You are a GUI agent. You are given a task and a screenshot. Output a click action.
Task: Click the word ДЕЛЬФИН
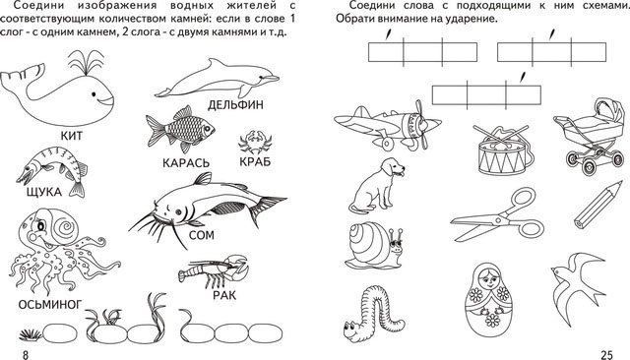(235, 105)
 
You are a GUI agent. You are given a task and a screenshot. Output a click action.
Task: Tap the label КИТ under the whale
(72, 136)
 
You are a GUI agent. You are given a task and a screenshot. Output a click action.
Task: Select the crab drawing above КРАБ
(255, 142)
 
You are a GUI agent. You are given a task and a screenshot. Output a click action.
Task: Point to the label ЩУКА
(44, 192)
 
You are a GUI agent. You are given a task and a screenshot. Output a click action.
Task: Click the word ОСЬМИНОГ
(50, 305)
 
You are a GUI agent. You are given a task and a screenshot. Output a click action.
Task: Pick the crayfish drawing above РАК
(213, 270)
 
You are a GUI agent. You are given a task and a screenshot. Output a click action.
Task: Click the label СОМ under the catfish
(201, 235)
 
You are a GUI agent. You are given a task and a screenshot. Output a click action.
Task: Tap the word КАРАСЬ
(186, 163)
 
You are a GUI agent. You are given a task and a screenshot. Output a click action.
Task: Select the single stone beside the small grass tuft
(59, 333)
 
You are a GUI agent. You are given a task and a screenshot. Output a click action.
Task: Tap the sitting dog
(376, 184)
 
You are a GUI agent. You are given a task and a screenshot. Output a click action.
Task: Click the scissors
(497, 216)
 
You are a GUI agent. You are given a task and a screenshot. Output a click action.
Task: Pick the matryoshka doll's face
(488, 276)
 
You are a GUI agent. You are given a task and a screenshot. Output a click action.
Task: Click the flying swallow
(578, 281)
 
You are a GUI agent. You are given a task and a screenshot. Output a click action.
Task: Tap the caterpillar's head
(353, 330)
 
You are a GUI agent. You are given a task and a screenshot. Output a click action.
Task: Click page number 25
(606, 355)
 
